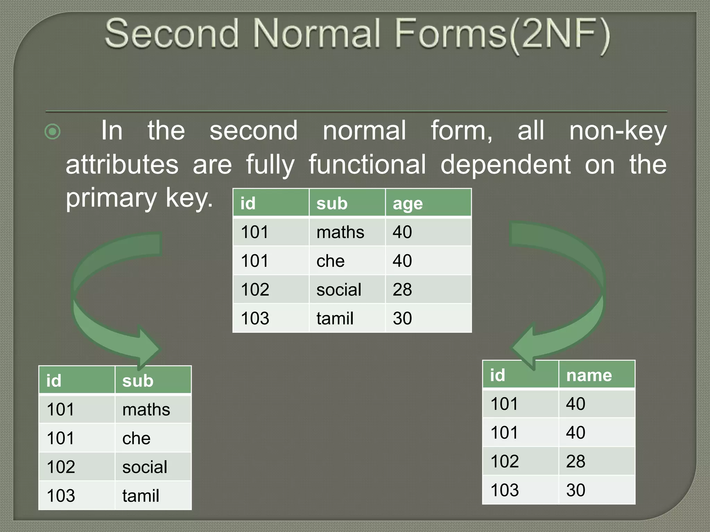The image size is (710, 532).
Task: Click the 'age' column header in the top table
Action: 408,204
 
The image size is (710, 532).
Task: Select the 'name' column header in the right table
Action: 589,375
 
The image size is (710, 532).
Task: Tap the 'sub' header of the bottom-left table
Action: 138,381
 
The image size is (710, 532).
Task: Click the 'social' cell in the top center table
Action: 339,290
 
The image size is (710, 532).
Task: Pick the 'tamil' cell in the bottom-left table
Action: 141,496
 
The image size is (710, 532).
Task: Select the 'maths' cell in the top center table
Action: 340,232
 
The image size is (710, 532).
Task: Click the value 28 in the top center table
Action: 402,290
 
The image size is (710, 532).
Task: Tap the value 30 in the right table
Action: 575,490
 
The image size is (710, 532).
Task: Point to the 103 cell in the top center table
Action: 255,318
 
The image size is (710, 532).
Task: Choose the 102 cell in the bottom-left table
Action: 61,467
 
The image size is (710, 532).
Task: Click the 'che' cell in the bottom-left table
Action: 136,438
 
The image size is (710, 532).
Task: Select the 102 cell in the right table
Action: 505,461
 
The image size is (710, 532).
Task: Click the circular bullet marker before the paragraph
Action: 53,132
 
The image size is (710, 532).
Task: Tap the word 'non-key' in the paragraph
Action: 618,131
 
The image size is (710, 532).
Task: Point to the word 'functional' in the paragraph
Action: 367,165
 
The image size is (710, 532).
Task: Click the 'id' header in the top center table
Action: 248,204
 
